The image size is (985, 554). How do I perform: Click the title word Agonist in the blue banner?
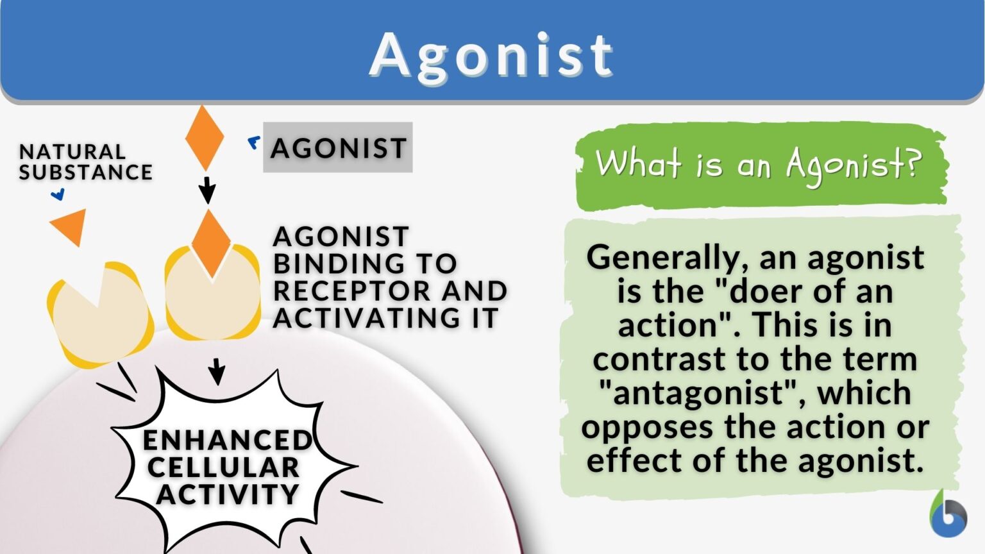coord(491,55)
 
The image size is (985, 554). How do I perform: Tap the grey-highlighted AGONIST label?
coord(338,148)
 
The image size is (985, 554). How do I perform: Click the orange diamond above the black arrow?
coord(205,138)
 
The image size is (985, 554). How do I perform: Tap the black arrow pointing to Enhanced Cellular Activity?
coord(217,371)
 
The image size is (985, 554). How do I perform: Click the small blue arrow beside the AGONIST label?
coord(255,143)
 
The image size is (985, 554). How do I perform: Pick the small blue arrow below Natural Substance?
coord(58,194)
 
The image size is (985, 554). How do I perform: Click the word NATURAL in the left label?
coord(72,152)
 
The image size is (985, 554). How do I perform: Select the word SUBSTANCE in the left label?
coord(86,172)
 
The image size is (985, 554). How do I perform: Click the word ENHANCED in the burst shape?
coord(227,441)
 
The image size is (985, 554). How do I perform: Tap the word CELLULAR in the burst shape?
coord(223,467)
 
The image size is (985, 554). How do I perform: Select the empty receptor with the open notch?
coord(99,314)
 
